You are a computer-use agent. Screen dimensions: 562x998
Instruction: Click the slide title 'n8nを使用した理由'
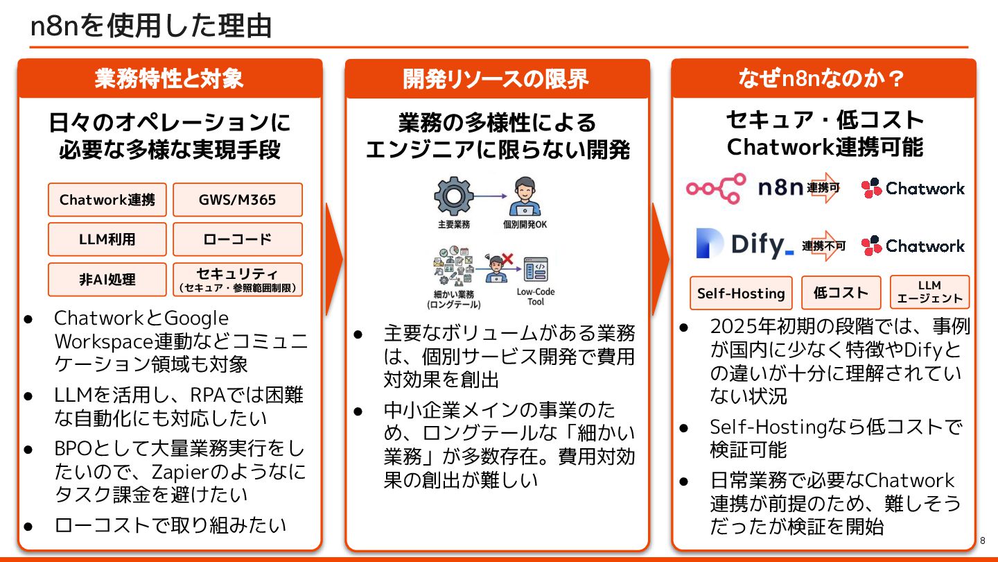coord(151,26)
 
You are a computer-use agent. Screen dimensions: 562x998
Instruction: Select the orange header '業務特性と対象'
coord(170,78)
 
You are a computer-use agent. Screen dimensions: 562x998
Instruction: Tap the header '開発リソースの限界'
coord(496,79)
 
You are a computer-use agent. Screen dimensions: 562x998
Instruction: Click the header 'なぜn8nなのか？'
coord(823,78)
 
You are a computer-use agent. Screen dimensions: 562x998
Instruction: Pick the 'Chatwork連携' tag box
coord(107,200)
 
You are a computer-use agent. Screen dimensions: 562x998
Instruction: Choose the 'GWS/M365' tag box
coord(237,200)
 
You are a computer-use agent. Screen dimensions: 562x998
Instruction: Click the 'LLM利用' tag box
coord(107,239)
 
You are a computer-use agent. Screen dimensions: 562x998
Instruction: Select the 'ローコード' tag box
coord(237,239)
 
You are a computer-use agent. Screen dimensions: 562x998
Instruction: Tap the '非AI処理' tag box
coord(107,280)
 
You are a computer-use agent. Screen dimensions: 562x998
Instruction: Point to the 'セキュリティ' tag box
coord(237,279)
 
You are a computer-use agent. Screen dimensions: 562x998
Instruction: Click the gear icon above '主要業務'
coord(453,196)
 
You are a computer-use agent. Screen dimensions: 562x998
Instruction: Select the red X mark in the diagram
coord(507,259)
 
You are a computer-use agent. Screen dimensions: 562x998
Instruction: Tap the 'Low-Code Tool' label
coord(536,297)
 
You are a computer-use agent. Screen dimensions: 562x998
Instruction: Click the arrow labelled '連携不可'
coord(825,246)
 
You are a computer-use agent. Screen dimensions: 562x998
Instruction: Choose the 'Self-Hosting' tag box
coord(741,293)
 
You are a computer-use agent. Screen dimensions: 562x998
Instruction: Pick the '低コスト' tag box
coord(841,293)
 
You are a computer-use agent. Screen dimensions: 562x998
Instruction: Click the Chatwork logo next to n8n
coord(913,188)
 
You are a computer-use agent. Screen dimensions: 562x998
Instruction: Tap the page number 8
coord(983,540)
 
